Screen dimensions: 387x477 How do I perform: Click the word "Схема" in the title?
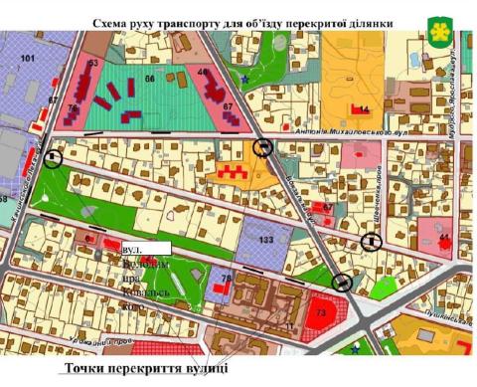coord(112,21)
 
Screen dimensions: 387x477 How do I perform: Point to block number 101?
coord(27,59)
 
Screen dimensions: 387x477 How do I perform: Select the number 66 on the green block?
coord(150,78)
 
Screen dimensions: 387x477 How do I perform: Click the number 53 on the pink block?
coord(93,64)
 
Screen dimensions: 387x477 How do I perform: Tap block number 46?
coord(203,72)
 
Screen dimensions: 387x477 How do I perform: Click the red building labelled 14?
coord(363,108)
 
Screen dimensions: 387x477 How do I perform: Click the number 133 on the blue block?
coord(265,241)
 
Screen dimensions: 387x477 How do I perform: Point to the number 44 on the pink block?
coord(444,237)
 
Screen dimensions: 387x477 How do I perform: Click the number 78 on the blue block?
coord(227,278)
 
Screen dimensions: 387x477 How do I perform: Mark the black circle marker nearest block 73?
coord(344,282)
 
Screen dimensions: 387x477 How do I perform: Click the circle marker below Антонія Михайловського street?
coord(263,147)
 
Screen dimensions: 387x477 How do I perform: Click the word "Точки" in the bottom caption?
coord(84,369)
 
